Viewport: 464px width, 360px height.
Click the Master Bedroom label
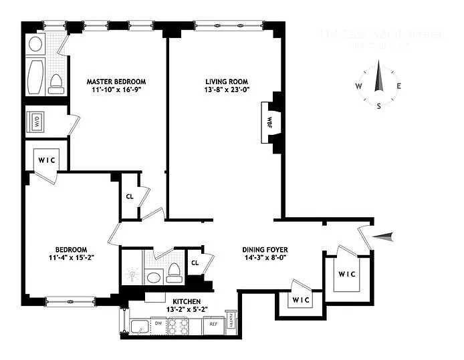[116, 81]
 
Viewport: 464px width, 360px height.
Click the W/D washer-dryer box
[35, 123]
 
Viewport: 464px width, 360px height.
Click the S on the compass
[379, 106]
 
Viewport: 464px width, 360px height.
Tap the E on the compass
[398, 86]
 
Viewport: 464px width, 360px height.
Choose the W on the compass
[359, 86]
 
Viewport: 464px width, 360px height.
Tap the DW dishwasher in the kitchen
[158, 324]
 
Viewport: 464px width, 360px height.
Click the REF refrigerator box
[213, 324]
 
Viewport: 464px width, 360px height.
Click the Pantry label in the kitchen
[231, 322]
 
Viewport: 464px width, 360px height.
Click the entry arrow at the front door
[386, 235]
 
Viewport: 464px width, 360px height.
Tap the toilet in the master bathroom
[56, 83]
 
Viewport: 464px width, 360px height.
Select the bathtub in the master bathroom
[35, 77]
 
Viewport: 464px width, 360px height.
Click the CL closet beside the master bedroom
[129, 197]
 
